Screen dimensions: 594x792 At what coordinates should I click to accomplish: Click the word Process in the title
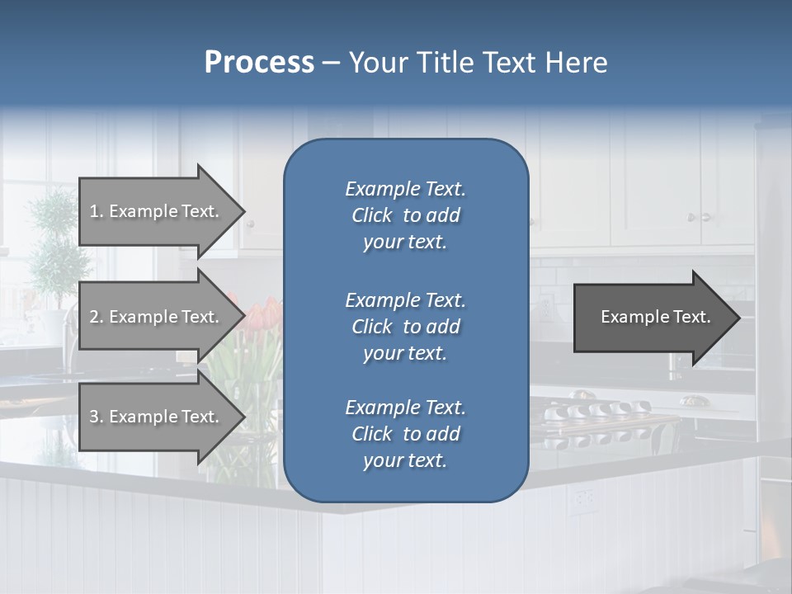point(259,63)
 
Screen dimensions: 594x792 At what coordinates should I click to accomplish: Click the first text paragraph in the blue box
point(405,215)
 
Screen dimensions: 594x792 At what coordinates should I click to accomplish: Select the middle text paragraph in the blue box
point(405,327)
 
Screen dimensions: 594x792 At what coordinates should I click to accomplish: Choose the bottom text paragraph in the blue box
point(405,434)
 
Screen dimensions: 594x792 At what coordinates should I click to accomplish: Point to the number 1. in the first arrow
point(97,211)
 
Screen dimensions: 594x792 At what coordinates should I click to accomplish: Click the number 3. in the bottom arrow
point(97,417)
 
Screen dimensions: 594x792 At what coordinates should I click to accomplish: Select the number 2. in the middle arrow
point(97,317)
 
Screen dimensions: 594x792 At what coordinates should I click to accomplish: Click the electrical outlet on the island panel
point(584,497)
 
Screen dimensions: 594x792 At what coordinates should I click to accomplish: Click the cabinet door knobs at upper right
point(700,217)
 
